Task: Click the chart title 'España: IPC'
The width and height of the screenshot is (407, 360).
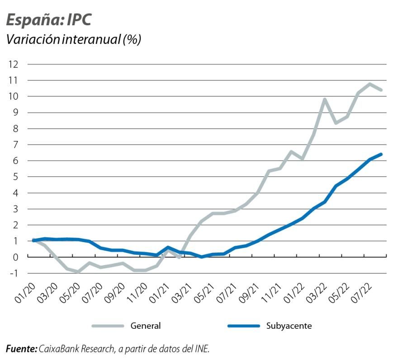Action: click(x=49, y=20)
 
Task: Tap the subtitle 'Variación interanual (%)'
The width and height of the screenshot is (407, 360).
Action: click(x=73, y=39)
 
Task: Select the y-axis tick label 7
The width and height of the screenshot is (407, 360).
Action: click(x=15, y=145)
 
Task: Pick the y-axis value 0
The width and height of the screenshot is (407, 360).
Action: click(x=15, y=257)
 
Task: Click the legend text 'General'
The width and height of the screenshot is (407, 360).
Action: click(x=146, y=326)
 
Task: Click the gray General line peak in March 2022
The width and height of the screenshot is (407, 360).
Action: click(x=325, y=99)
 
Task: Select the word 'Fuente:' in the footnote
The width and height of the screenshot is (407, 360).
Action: click(x=21, y=349)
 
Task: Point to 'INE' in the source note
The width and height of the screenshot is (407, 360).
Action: click(x=202, y=349)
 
